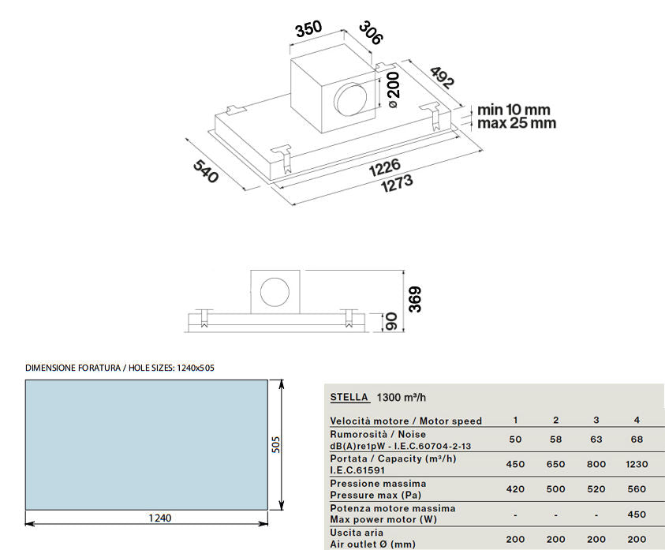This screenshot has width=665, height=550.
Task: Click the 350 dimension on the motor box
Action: click(308, 29)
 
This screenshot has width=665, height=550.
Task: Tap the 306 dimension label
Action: click(371, 33)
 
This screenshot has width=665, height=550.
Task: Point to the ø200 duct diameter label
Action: click(393, 89)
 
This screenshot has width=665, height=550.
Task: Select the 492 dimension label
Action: click(443, 77)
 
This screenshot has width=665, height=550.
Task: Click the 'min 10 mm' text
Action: click(514, 110)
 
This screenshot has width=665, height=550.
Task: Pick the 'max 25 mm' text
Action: click(517, 123)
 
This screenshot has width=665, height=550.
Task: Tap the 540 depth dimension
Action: click(206, 171)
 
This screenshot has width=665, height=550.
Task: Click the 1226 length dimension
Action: click(385, 167)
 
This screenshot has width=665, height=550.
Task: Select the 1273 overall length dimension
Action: click(397, 184)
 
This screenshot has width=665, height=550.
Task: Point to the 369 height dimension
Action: click(415, 300)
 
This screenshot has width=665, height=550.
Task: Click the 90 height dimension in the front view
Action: click(390, 322)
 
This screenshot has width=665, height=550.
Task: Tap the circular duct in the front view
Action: click(275, 293)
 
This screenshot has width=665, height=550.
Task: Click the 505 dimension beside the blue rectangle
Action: click(276, 445)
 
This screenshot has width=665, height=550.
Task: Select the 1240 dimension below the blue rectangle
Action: click(160, 518)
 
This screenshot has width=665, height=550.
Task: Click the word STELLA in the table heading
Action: click(349, 397)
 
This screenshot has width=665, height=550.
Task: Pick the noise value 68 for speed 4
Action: click(637, 440)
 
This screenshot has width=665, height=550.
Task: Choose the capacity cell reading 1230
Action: click(637, 464)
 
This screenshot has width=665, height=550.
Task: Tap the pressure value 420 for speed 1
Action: click(515, 489)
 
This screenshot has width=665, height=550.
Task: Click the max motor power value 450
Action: click(637, 514)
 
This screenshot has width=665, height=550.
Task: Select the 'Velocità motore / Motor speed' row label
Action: click(406, 421)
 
